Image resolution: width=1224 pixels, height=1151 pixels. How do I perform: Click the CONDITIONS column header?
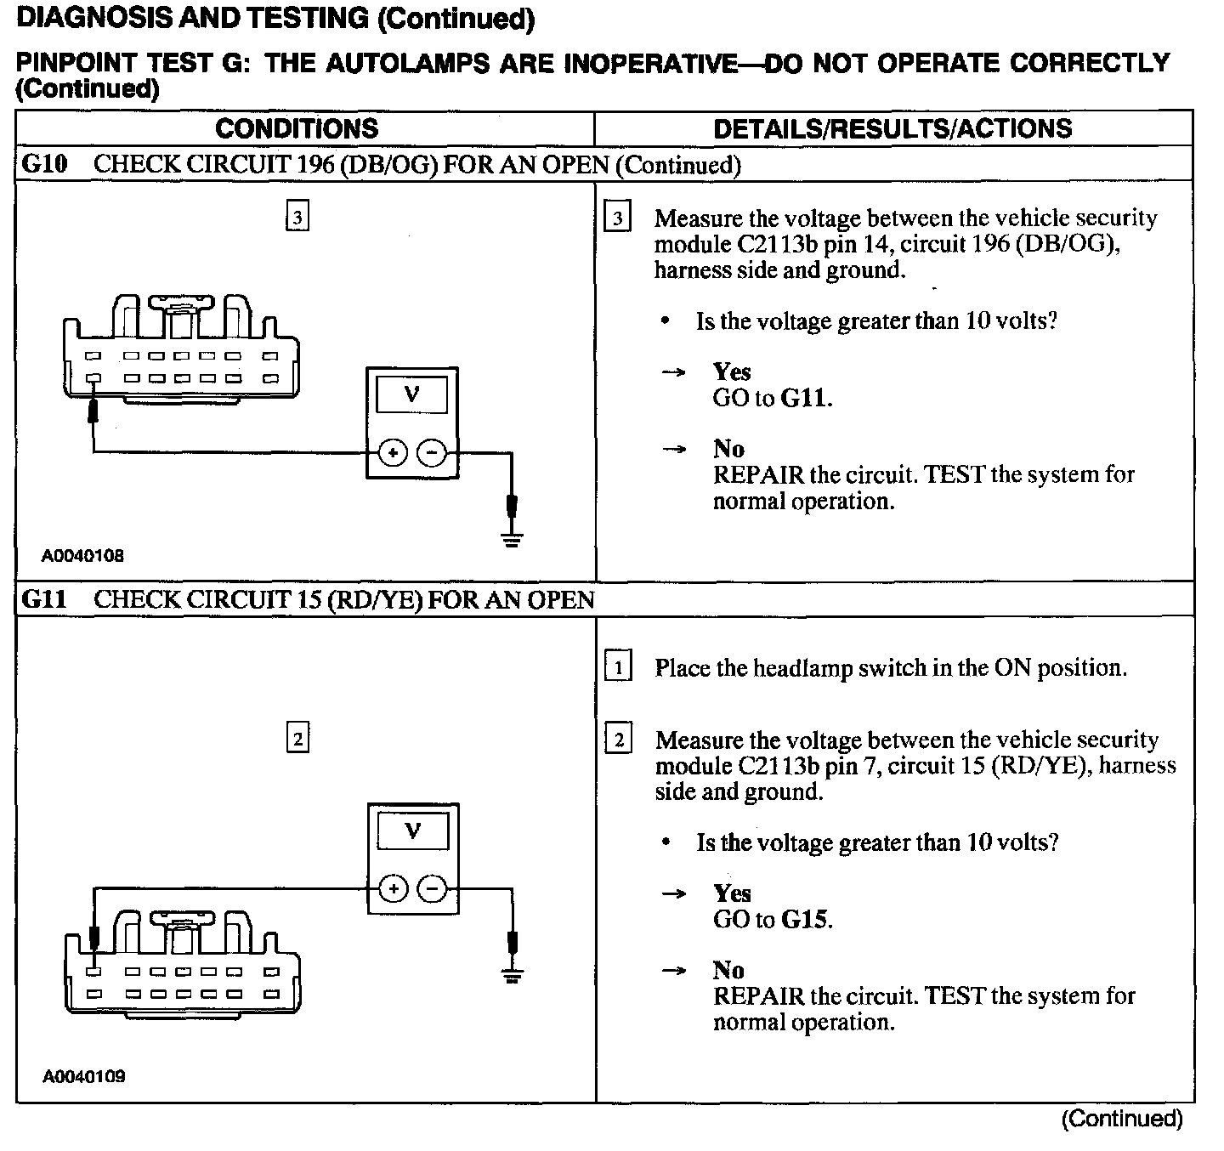pyautogui.click(x=297, y=128)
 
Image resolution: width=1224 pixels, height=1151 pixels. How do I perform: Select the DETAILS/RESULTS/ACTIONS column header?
pyautogui.click(x=892, y=128)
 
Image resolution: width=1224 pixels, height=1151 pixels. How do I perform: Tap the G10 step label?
pyautogui.click(x=44, y=164)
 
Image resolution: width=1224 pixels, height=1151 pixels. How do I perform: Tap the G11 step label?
pyautogui.click(x=44, y=600)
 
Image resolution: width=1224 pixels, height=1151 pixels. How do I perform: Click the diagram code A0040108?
pyautogui.click(x=83, y=556)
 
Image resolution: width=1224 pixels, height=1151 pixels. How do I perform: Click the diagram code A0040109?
pyautogui.click(x=84, y=1076)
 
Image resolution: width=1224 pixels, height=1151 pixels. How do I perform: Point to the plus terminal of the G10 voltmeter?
pyautogui.click(x=392, y=454)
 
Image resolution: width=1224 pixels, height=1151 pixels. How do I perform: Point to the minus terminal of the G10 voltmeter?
pyautogui.click(x=433, y=454)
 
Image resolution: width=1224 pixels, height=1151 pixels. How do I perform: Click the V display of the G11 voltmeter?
pyautogui.click(x=413, y=830)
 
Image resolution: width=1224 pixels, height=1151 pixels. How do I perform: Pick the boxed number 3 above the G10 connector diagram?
pyautogui.click(x=297, y=218)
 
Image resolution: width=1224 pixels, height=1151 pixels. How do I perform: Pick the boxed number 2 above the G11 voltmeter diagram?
pyautogui.click(x=297, y=739)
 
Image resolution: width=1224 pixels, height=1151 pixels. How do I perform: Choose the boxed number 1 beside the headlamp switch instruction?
pyautogui.click(x=618, y=667)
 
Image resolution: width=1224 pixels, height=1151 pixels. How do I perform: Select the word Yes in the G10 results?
pyautogui.click(x=732, y=371)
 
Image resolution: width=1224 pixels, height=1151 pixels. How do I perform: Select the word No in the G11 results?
pyautogui.click(x=728, y=970)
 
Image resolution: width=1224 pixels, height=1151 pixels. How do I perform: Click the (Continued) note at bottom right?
pyautogui.click(x=1121, y=1119)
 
